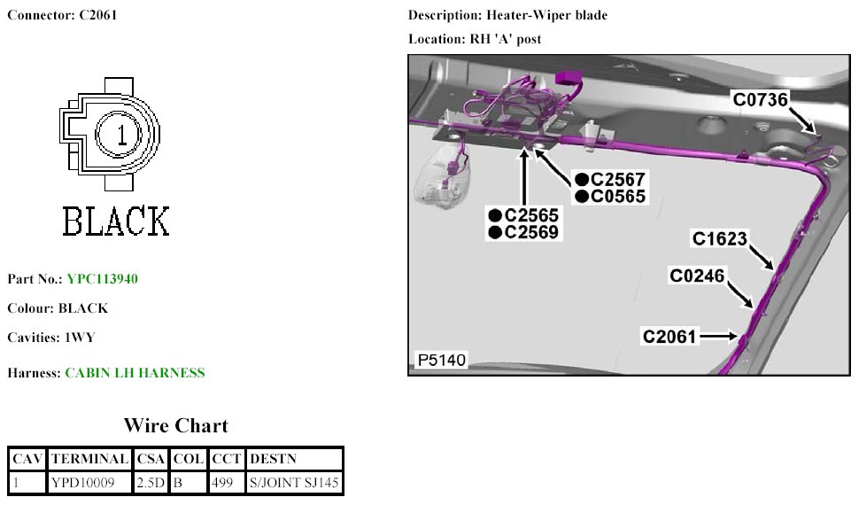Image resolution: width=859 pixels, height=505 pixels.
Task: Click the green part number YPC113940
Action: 102,279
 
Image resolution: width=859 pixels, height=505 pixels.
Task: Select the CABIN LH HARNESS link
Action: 135,373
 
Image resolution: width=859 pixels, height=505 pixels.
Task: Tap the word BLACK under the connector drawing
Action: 115,221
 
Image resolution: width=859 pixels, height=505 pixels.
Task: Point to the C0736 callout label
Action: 760,99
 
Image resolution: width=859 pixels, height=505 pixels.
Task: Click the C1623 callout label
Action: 720,238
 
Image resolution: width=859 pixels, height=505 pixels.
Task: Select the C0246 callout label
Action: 697,276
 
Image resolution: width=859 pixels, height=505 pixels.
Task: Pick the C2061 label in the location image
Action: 670,337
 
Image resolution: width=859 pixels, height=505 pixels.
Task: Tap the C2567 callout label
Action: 617,179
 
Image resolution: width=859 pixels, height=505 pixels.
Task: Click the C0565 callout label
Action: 617,197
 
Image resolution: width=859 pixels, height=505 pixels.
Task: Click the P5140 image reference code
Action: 442,360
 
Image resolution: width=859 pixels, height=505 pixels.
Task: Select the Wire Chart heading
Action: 175,426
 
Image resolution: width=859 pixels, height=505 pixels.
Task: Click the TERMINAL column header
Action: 89,459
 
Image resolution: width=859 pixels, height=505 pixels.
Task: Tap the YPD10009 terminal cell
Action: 82,483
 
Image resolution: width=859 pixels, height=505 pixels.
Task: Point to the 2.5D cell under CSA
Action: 150,483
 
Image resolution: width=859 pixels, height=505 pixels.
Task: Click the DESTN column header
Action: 275,459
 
